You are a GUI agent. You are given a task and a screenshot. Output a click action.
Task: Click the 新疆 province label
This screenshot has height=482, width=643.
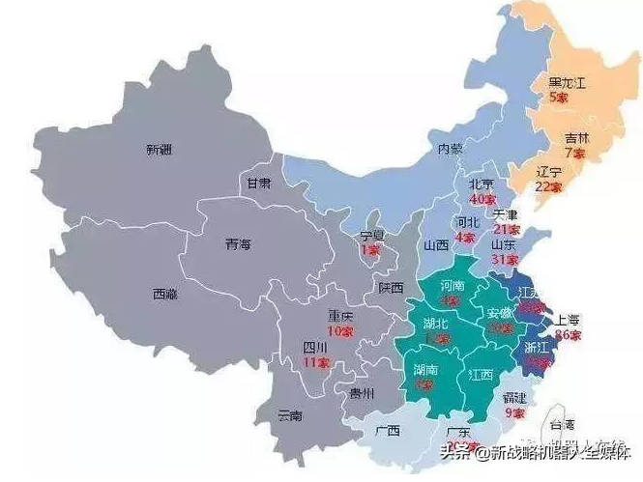160,150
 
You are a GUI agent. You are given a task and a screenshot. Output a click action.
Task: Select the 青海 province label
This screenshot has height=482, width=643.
238,243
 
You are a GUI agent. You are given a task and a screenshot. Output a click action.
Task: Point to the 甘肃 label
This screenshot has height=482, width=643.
258,183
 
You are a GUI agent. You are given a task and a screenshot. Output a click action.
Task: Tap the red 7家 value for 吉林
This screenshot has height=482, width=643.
574,153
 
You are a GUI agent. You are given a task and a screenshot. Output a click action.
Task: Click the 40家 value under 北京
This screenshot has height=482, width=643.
482,199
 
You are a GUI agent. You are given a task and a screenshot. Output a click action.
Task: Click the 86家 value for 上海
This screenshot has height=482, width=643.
569,334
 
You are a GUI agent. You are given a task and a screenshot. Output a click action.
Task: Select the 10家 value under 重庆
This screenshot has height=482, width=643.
340,330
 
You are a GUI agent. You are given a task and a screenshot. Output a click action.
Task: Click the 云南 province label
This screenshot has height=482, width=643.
289,415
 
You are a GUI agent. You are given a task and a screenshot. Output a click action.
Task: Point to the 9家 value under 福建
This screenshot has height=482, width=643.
513,412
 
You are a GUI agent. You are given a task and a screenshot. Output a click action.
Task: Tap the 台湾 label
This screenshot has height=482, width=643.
562,425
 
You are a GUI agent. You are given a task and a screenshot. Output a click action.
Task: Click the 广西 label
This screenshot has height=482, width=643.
388,430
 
